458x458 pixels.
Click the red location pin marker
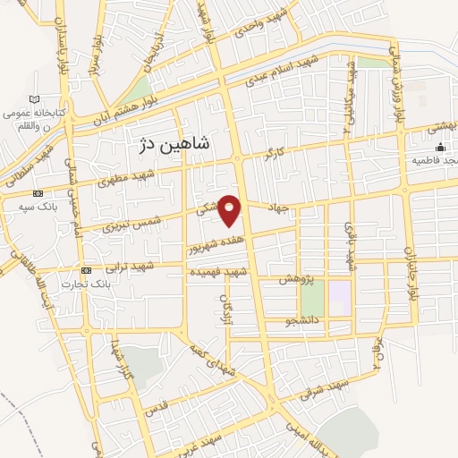tap(230, 209)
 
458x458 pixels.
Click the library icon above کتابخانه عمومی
tap(35, 98)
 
